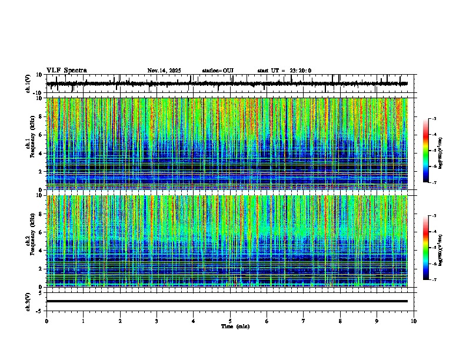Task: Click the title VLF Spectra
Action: (x=66, y=71)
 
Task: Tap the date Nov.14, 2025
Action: (x=164, y=71)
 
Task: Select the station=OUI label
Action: (x=218, y=71)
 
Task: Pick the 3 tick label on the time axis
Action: (x=157, y=321)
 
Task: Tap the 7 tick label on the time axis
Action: (x=303, y=321)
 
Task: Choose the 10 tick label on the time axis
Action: (x=414, y=321)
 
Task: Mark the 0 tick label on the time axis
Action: (x=46, y=321)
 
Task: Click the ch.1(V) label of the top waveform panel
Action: (x=29, y=84)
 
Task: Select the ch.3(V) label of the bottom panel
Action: (x=29, y=301)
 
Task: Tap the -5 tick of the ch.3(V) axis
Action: (x=39, y=311)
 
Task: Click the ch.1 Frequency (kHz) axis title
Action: (x=31, y=144)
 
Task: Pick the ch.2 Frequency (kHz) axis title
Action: (x=31, y=241)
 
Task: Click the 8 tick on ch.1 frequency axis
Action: (x=41, y=116)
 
